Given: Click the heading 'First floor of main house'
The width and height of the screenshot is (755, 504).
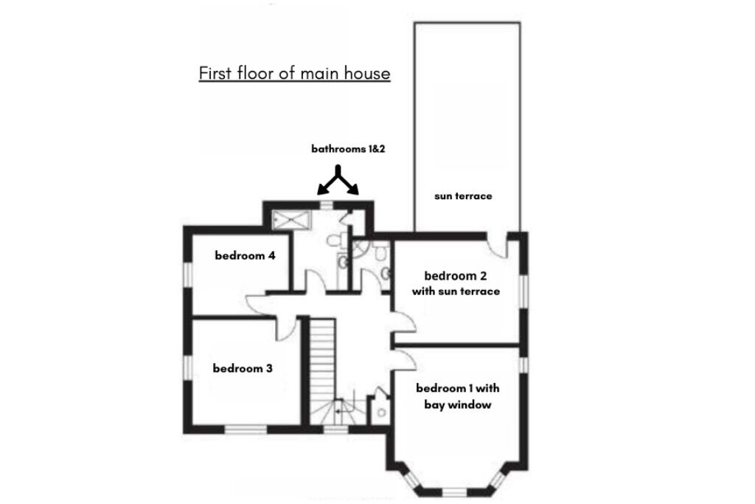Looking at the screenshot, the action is pyautogui.click(x=294, y=73).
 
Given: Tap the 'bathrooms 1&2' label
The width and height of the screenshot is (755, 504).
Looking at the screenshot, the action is pyautogui.click(x=348, y=149).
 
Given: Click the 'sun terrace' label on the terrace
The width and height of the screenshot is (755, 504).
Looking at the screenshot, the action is pyautogui.click(x=463, y=196).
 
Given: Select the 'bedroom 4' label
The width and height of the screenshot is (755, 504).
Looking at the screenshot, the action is pyautogui.click(x=245, y=255).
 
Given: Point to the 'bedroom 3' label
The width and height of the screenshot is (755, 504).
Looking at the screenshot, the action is pyautogui.click(x=243, y=368).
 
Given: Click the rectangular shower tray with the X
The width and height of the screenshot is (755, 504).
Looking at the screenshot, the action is pyautogui.click(x=292, y=220).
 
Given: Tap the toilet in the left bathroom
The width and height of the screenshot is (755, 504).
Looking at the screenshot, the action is pyautogui.click(x=335, y=240).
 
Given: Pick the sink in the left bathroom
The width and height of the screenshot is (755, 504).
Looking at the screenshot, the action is pyautogui.click(x=342, y=263).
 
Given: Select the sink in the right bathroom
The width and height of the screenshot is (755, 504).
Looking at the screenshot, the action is pyautogui.click(x=386, y=274).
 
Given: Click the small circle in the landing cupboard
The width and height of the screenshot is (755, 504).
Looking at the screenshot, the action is pyautogui.click(x=382, y=413).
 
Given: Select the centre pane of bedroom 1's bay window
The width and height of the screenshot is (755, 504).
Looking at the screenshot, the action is pyautogui.click(x=455, y=492).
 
